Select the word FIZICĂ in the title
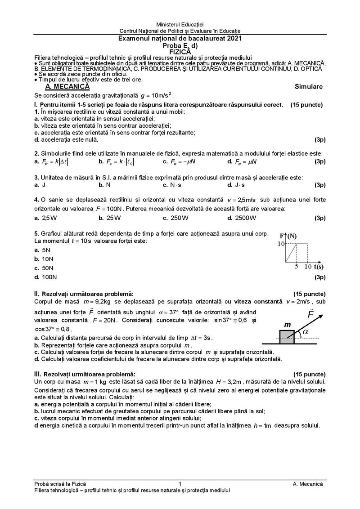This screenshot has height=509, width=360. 180,52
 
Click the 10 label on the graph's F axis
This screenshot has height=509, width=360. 281,244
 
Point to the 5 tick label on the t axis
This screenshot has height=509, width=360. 296,267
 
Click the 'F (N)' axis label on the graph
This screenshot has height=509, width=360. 288,236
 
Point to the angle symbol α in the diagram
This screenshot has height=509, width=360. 306,331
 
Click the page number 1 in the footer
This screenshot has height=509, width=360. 180,484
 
